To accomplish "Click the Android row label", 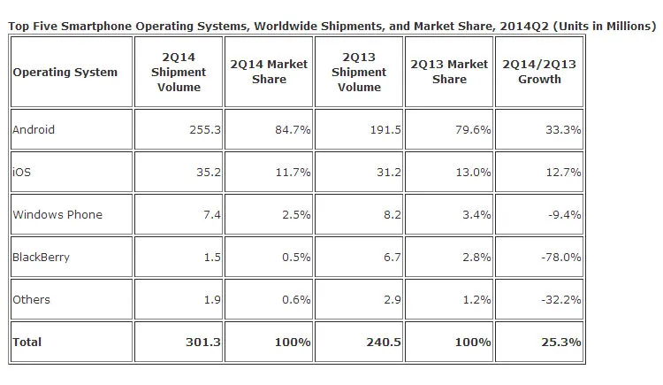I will pyautogui.click(x=34, y=129).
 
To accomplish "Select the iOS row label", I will pyautogui.click(x=21, y=172).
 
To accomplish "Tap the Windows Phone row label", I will pyautogui.click(x=57, y=214).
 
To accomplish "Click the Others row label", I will pyautogui.click(x=31, y=299).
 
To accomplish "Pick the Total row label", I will pyautogui.click(x=27, y=342).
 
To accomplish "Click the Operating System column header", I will pyautogui.click(x=65, y=72).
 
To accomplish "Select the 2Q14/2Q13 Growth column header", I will pyautogui.click(x=539, y=72).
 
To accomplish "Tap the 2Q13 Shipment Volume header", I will pyautogui.click(x=359, y=72).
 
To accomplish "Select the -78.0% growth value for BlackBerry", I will pyautogui.click(x=561, y=257).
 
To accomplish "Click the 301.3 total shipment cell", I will pyautogui.click(x=201, y=342).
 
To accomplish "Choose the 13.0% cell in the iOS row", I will pyautogui.click(x=473, y=172).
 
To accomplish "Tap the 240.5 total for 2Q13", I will pyautogui.click(x=381, y=342).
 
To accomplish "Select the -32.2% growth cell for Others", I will pyautogui.click(x=561, y=299).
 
